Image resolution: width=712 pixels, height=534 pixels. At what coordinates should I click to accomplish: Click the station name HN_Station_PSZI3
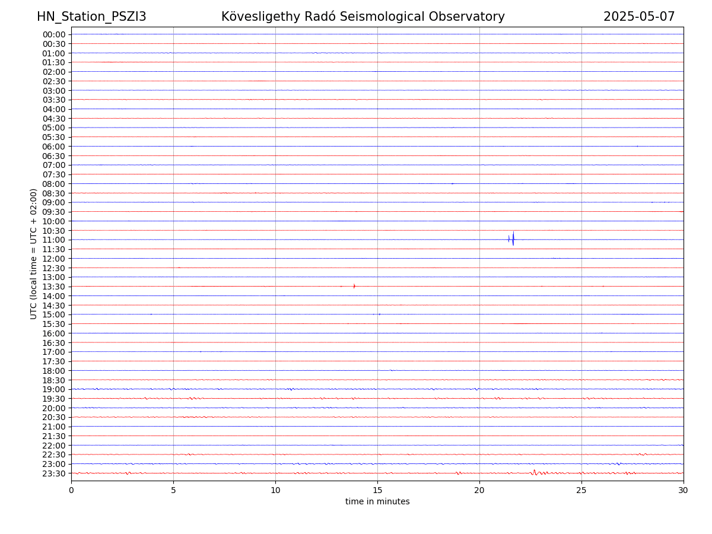point(91,17)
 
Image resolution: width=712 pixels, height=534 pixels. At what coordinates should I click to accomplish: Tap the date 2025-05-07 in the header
point(639,17)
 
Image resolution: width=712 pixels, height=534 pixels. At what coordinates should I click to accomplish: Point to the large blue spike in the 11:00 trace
point(513,239)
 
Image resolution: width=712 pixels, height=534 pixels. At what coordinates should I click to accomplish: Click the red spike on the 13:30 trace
point(354,286)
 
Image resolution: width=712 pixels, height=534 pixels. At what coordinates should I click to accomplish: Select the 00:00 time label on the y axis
point(54,34)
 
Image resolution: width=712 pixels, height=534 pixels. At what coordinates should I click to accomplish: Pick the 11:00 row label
point(54,240)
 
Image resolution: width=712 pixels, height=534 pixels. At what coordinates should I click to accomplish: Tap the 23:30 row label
point(54,473)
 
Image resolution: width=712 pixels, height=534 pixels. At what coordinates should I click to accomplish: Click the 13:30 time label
point(54,287)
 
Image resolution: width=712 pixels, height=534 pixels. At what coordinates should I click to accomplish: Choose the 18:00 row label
point(54,371)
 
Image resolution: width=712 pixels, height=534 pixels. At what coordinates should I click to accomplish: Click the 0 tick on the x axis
point(71,490)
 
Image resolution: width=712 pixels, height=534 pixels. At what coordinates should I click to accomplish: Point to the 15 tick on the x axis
point(377,490)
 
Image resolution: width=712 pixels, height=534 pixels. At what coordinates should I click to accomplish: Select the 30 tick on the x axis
point(684,490)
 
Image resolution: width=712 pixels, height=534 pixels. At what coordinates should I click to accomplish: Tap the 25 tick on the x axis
point(581,490)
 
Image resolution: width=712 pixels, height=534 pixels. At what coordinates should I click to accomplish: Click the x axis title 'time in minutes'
point(377,501)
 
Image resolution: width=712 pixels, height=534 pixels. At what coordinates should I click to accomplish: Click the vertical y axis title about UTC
point(34,253)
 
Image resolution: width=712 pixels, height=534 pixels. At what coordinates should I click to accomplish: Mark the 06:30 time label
point(54,155)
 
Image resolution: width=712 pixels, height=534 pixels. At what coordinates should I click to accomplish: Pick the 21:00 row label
point(54,427)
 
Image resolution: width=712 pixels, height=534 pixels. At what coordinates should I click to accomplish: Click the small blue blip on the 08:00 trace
point(452,183)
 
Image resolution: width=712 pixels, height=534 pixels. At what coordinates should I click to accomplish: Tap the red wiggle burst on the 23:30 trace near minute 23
point(534,472)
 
